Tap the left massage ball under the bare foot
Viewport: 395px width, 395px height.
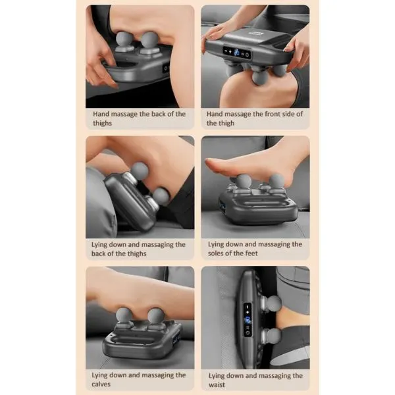coord(243,181)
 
